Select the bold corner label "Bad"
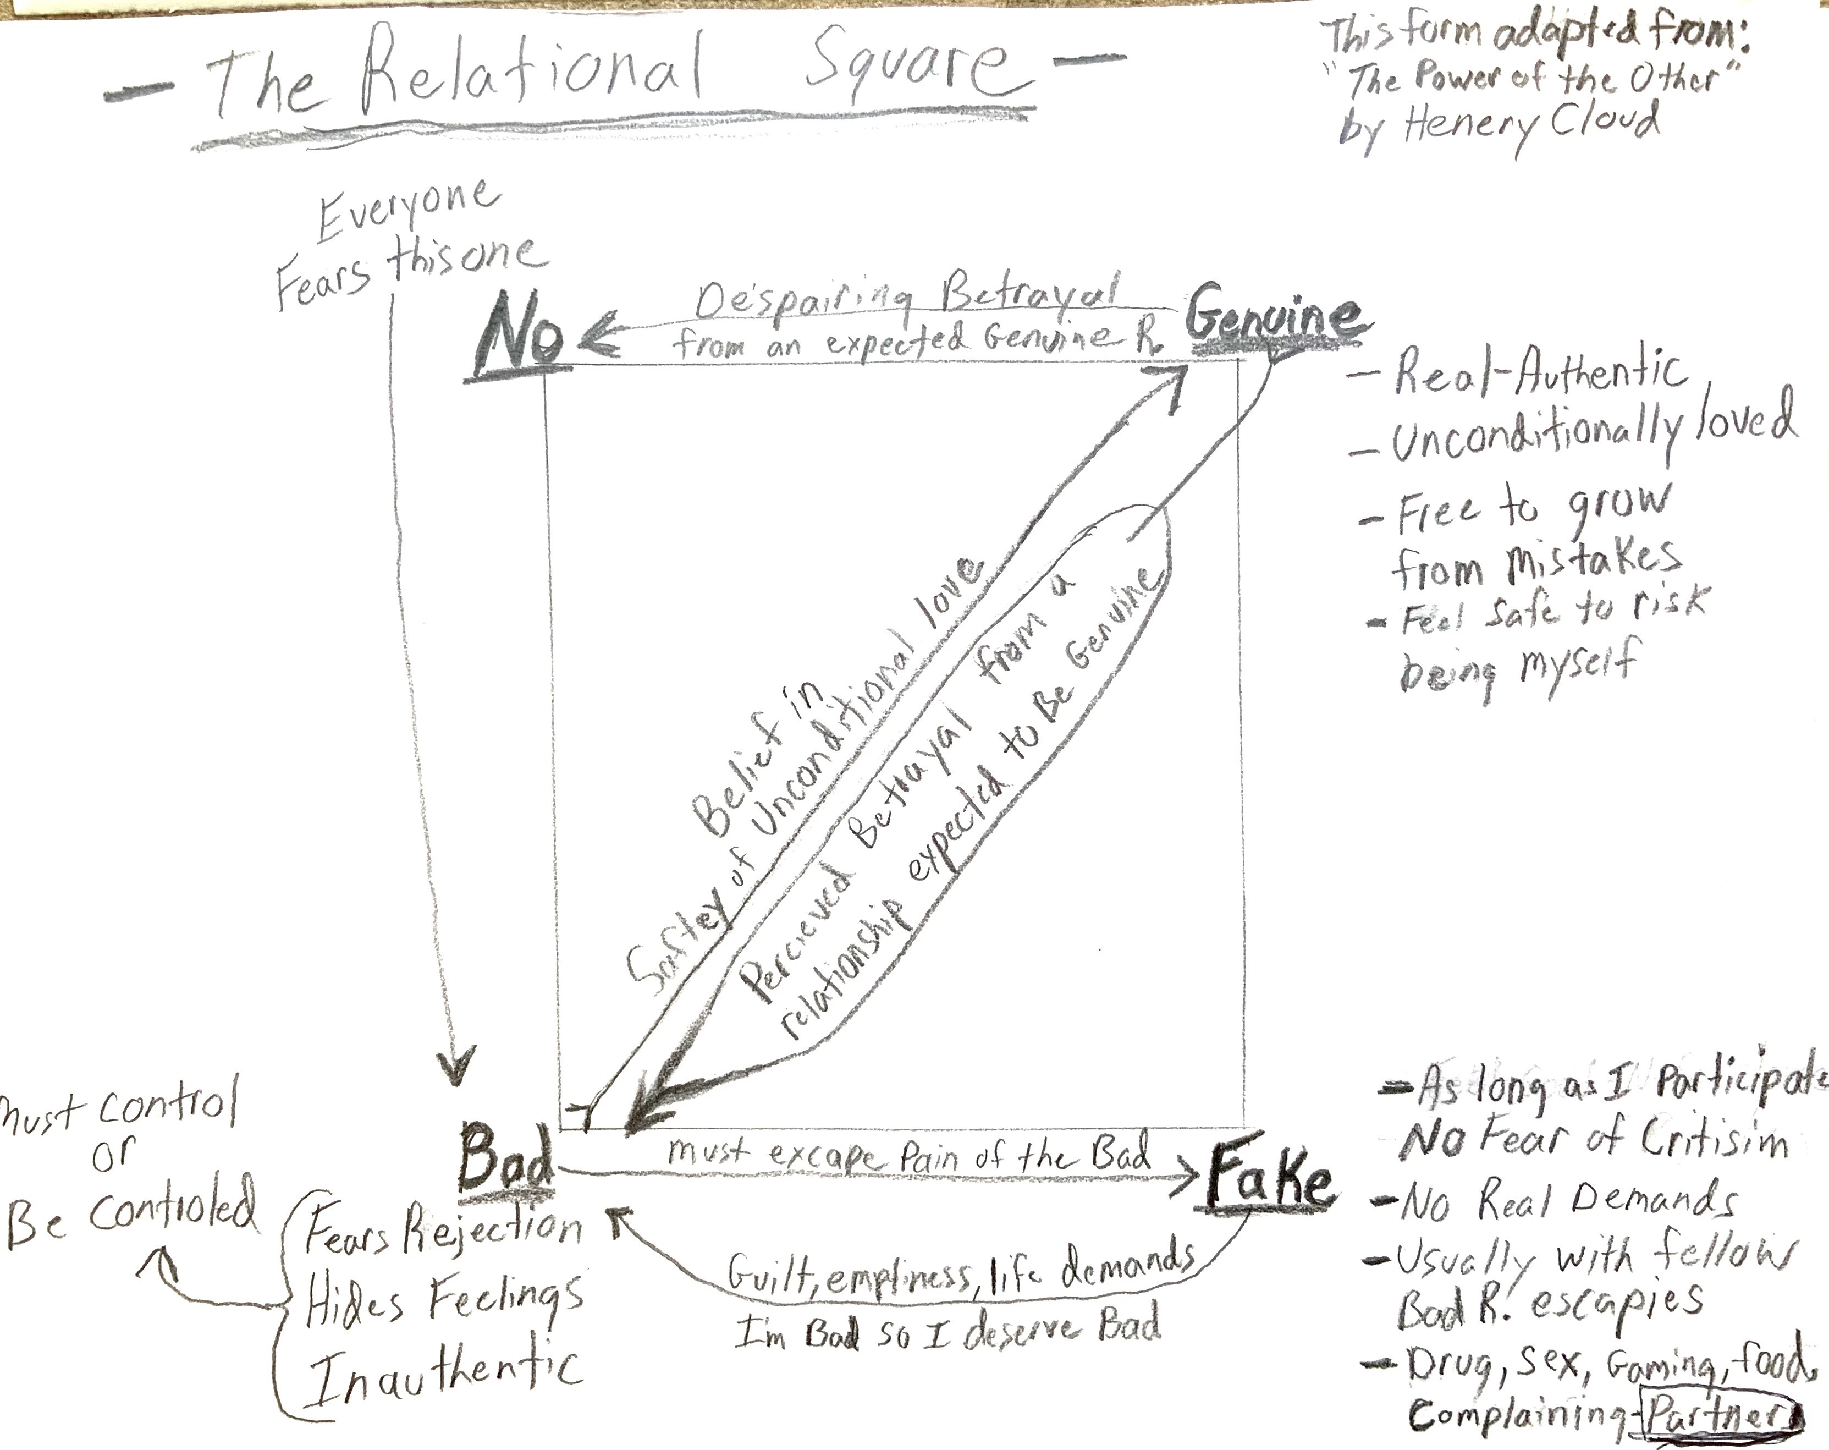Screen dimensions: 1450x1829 (505, 1158)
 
